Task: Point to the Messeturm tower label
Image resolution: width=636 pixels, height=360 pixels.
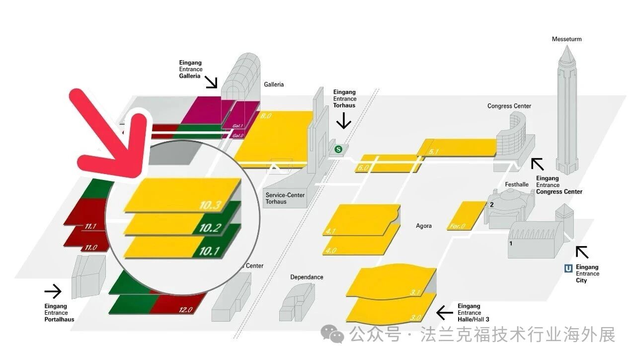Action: [566, 39]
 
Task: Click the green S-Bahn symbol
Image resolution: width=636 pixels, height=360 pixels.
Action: [339, 149]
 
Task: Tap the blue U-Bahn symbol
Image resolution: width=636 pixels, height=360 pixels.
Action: [568, 269]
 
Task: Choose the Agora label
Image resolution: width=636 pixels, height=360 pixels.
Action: [423, 226]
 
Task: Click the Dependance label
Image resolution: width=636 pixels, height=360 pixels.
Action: [307, 277]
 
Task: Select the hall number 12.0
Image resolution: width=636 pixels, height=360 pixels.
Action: [185, 310]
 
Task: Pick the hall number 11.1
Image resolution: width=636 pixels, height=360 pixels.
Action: [90, 227]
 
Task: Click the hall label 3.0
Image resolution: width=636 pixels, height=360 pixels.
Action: [416, 317]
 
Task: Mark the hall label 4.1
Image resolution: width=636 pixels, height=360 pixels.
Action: [331, 231]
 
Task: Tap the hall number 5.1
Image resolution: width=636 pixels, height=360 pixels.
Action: [434, 151]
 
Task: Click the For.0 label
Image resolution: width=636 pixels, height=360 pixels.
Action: [458, 226]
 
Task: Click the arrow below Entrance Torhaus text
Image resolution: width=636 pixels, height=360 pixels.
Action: [343, 120]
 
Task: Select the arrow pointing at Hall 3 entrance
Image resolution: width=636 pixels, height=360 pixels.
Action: [444, 313]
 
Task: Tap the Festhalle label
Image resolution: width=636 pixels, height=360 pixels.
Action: [517, 184]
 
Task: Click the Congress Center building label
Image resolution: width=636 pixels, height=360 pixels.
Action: [509, 106]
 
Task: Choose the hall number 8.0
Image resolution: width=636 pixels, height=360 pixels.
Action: [266, 116]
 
